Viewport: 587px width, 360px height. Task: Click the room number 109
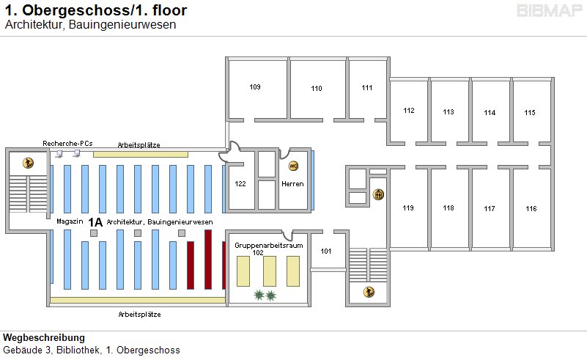tap(255, 87)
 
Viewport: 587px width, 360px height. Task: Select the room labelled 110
tap(317, 89)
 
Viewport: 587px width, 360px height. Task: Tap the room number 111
tap(367, 88)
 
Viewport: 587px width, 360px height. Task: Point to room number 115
tap(530, 112)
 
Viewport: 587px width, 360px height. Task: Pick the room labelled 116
tap(531, 209)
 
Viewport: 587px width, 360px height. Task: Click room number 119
tap(408, 208)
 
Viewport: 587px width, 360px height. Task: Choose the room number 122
tap(240, 183)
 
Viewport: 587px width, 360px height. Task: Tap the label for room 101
tap(326, 251)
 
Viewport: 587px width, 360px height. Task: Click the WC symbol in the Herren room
tap(294, 166)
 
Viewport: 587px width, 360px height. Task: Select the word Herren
tap(292, 183)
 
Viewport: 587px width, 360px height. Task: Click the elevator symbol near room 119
tap(379, 194)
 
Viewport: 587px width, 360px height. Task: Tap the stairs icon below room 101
tap(369, 293)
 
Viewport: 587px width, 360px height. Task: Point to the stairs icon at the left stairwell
tap(28, 163)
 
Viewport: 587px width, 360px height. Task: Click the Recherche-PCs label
tap(68, 143)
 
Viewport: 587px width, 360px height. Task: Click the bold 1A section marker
tap(95, 221)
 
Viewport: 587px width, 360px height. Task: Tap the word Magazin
tap(67, 221)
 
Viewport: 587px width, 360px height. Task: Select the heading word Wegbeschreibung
tap(44, 338)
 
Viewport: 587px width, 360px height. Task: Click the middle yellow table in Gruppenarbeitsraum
tap(270, 271)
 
